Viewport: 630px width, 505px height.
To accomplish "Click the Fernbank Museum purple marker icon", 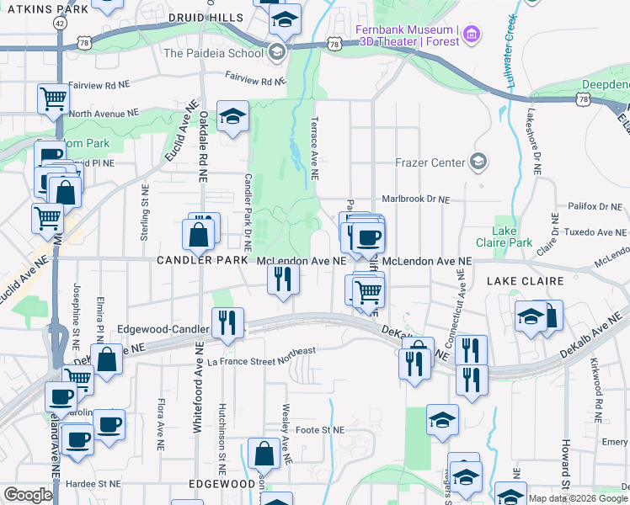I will click(472, 35).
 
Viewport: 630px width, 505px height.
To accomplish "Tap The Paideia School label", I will click(214, 53).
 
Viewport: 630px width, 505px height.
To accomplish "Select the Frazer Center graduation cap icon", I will click(479, 161).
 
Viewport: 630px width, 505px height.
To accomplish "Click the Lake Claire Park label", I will click(512, 237).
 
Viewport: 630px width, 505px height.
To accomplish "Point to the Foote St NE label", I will click(321, 430).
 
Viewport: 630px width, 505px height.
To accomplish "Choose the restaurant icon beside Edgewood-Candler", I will click(227, 323).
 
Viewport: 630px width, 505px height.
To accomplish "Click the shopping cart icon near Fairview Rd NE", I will click(53, 98).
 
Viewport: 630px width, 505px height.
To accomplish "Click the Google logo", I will click(28, 495).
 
